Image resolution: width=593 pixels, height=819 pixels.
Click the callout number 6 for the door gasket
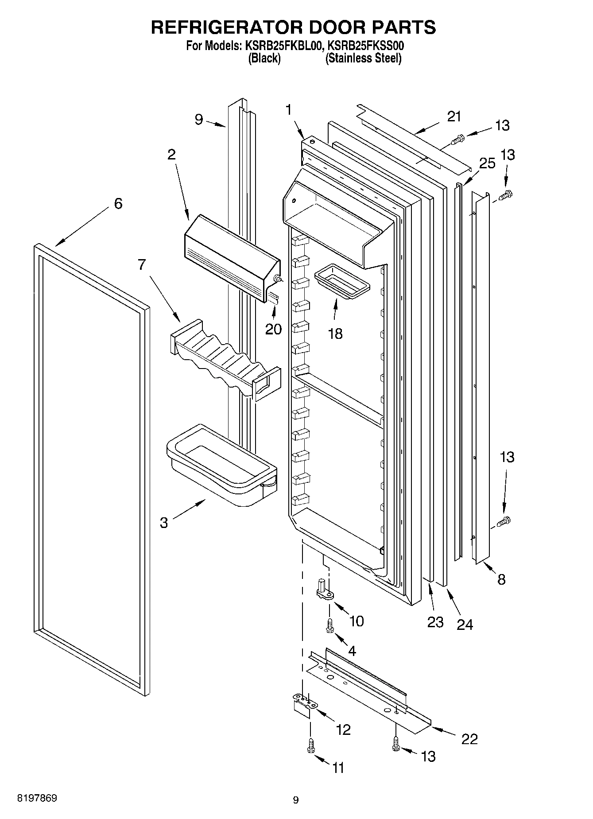coord(118,204)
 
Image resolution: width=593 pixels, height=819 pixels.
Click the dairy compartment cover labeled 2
coord(230,257)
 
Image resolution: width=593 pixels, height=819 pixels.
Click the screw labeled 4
coord(329,625)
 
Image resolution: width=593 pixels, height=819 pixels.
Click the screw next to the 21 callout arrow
coord(457,140)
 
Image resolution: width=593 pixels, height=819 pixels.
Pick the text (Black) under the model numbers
coord(264,58)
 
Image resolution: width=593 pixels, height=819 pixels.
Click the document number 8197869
coord(37,798)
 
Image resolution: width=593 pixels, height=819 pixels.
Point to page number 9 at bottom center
coord(296,800)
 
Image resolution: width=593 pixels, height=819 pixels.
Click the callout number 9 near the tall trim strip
coord(199,119)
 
